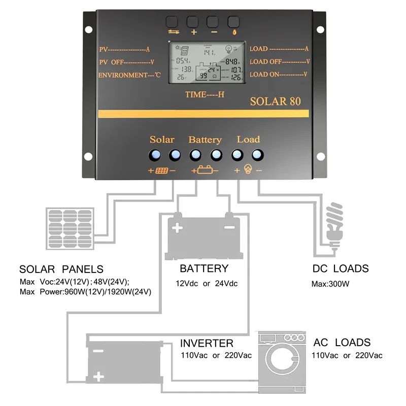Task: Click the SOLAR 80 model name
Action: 275,101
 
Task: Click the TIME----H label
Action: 205,94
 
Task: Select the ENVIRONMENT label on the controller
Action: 129,75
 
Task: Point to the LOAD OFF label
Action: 280,62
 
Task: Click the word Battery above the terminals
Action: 205,140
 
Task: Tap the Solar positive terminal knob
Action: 154,155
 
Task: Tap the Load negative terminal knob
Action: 258,155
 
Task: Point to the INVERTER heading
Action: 207,344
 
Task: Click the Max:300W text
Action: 330,284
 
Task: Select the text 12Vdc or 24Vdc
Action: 207,284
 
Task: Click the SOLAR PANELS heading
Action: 61,269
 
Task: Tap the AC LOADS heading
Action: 342,343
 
